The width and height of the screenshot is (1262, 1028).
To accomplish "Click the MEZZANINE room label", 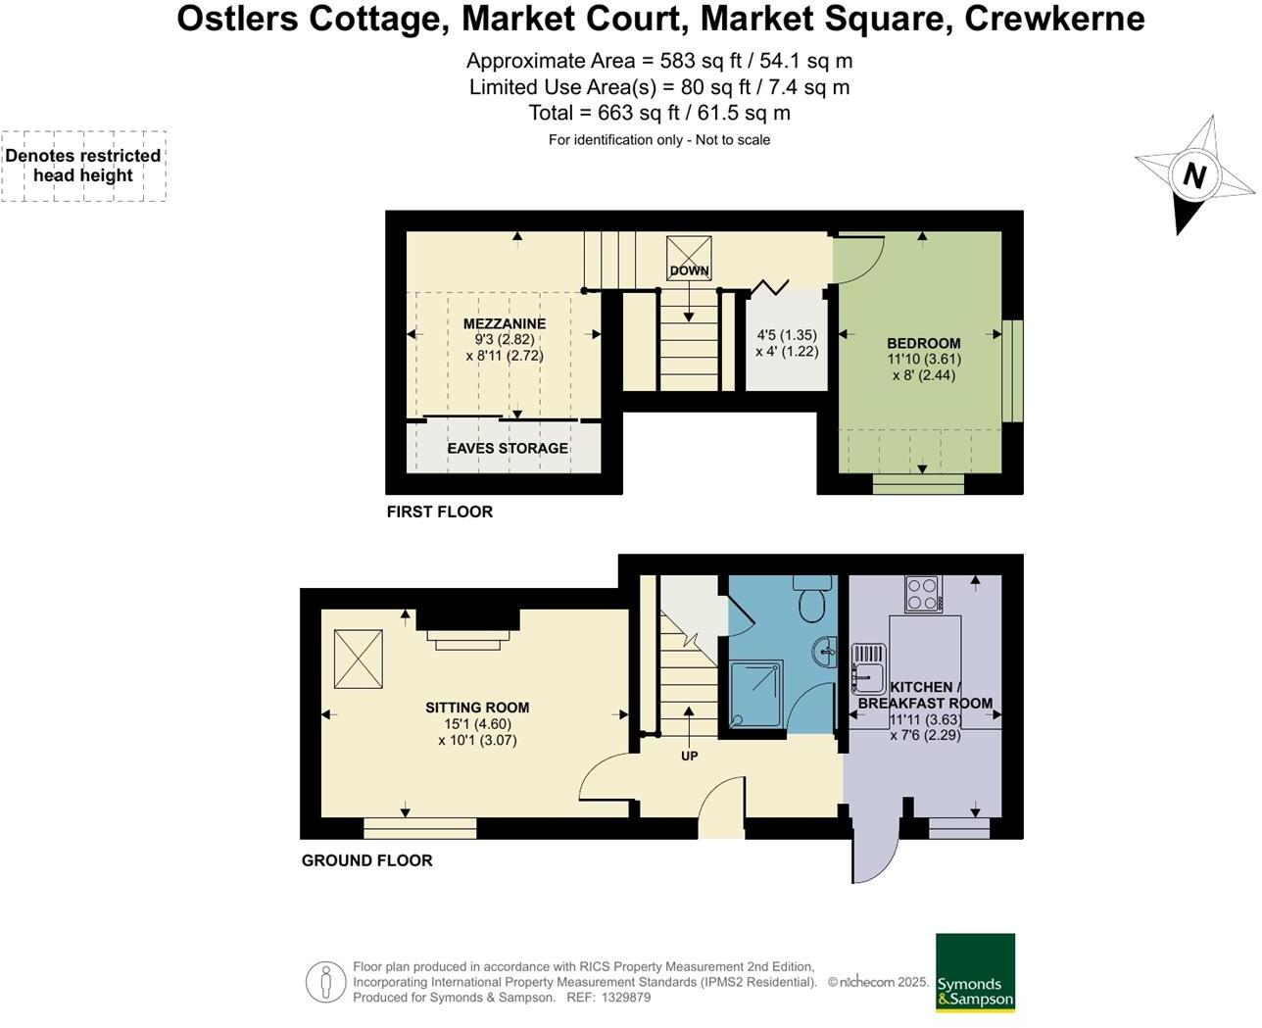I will click(505, 323).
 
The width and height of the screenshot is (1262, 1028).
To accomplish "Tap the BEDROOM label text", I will click(923, 343).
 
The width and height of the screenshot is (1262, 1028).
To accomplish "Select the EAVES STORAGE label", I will click(508, 448).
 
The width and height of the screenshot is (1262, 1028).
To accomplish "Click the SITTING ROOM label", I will click(477, 708).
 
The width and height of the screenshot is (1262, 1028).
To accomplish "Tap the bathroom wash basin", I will click(825, 650).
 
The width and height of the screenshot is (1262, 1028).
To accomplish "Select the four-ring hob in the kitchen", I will click(923, 593).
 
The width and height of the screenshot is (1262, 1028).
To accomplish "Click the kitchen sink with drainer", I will click(868, 666).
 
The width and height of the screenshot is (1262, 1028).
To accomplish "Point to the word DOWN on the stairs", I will click(689, 271).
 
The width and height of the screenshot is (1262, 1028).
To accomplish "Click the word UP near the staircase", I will click(689, 757).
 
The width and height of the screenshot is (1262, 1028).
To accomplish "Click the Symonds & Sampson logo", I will click(975, 972).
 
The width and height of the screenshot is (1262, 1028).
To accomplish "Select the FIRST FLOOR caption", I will click(440, 512).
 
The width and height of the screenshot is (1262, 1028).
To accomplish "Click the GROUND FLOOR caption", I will click(366, 860).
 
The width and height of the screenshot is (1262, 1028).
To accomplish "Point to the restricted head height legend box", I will click(83, 166).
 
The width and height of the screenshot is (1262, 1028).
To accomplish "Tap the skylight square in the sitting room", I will click(359, 659).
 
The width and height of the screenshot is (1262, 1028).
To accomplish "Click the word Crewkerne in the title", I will click(1054, 19).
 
